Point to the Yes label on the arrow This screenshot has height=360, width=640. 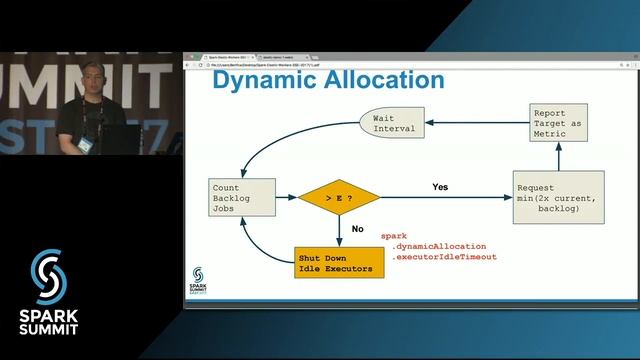[440, 187]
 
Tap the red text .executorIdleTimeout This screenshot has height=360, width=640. [444, 258]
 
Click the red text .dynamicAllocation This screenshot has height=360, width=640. [440, 246]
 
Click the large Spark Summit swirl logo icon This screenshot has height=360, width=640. [47, 274]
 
